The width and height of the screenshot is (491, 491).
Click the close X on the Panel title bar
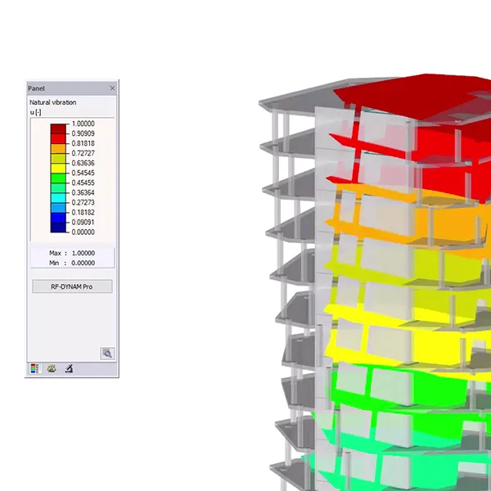click(x=112, y=88)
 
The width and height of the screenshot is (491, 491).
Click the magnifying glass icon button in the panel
click(x=107, y=354)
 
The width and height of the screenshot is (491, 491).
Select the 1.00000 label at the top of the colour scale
click(x=83, y=124)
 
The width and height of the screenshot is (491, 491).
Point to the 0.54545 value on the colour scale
click(x=83, y=173)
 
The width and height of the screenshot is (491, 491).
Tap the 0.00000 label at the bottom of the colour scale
click(x=83, y=232)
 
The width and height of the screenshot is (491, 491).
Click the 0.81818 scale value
click(x=83, y=143)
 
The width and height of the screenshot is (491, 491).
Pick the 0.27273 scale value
click(x=83, y=203)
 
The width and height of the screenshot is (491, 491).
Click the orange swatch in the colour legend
click(x=58, y=148)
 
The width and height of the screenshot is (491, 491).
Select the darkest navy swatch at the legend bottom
click(x=58, y=227)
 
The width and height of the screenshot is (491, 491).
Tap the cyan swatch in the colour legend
click(x=58, y=198)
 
